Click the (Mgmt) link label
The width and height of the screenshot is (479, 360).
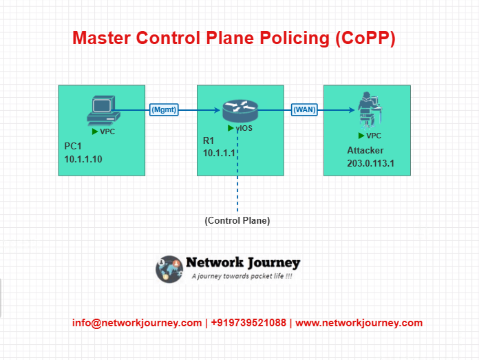pos(164,109)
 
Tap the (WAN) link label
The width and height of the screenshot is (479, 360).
pos(304,109)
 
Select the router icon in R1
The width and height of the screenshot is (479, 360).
pos(240,112)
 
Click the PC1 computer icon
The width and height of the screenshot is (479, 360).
pos(103,111)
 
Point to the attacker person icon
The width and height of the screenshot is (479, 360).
pos(370,110)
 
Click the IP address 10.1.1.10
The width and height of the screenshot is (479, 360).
pos(83,159)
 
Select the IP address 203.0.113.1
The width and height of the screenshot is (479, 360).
pos(370,164)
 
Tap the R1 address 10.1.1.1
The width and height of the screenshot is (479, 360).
pos(219,153)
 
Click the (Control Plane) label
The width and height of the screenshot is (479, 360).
pos(237,221)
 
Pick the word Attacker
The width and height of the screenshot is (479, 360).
pos(365,150)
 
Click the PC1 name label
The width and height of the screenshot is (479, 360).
pos(73,146)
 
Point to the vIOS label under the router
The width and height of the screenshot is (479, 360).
pos(244,128)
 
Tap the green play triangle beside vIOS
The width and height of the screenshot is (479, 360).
pos(231,128)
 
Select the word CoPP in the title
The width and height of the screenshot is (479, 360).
pos(365,38)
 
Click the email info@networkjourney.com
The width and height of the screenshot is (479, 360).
pos(137,323)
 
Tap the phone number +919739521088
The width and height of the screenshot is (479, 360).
pos(248,323)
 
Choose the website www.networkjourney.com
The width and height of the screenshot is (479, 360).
pos(359,323)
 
